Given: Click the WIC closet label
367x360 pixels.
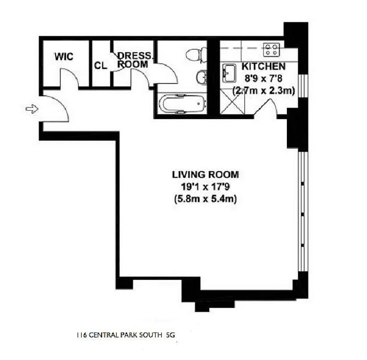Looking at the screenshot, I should pyautogui.click(x=63, y=57).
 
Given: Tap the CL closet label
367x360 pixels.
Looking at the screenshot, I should pyautogui.click(x=100, y=65).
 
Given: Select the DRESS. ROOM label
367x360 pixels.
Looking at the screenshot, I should pyautogui.click(x=135, y=60).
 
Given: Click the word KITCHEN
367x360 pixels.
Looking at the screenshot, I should pyautogui.click(x=263, y=66).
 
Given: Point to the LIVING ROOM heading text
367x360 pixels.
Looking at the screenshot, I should pyautogui.click(x=205, y=174).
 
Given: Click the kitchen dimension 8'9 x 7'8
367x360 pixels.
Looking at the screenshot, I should pyautogui.click(x=263, y=78).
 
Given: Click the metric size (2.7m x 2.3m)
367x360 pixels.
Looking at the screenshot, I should pyautogui.click(x=263, y=90).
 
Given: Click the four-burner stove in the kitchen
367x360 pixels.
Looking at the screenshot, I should pyautogui.click(x=271, y=49).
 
